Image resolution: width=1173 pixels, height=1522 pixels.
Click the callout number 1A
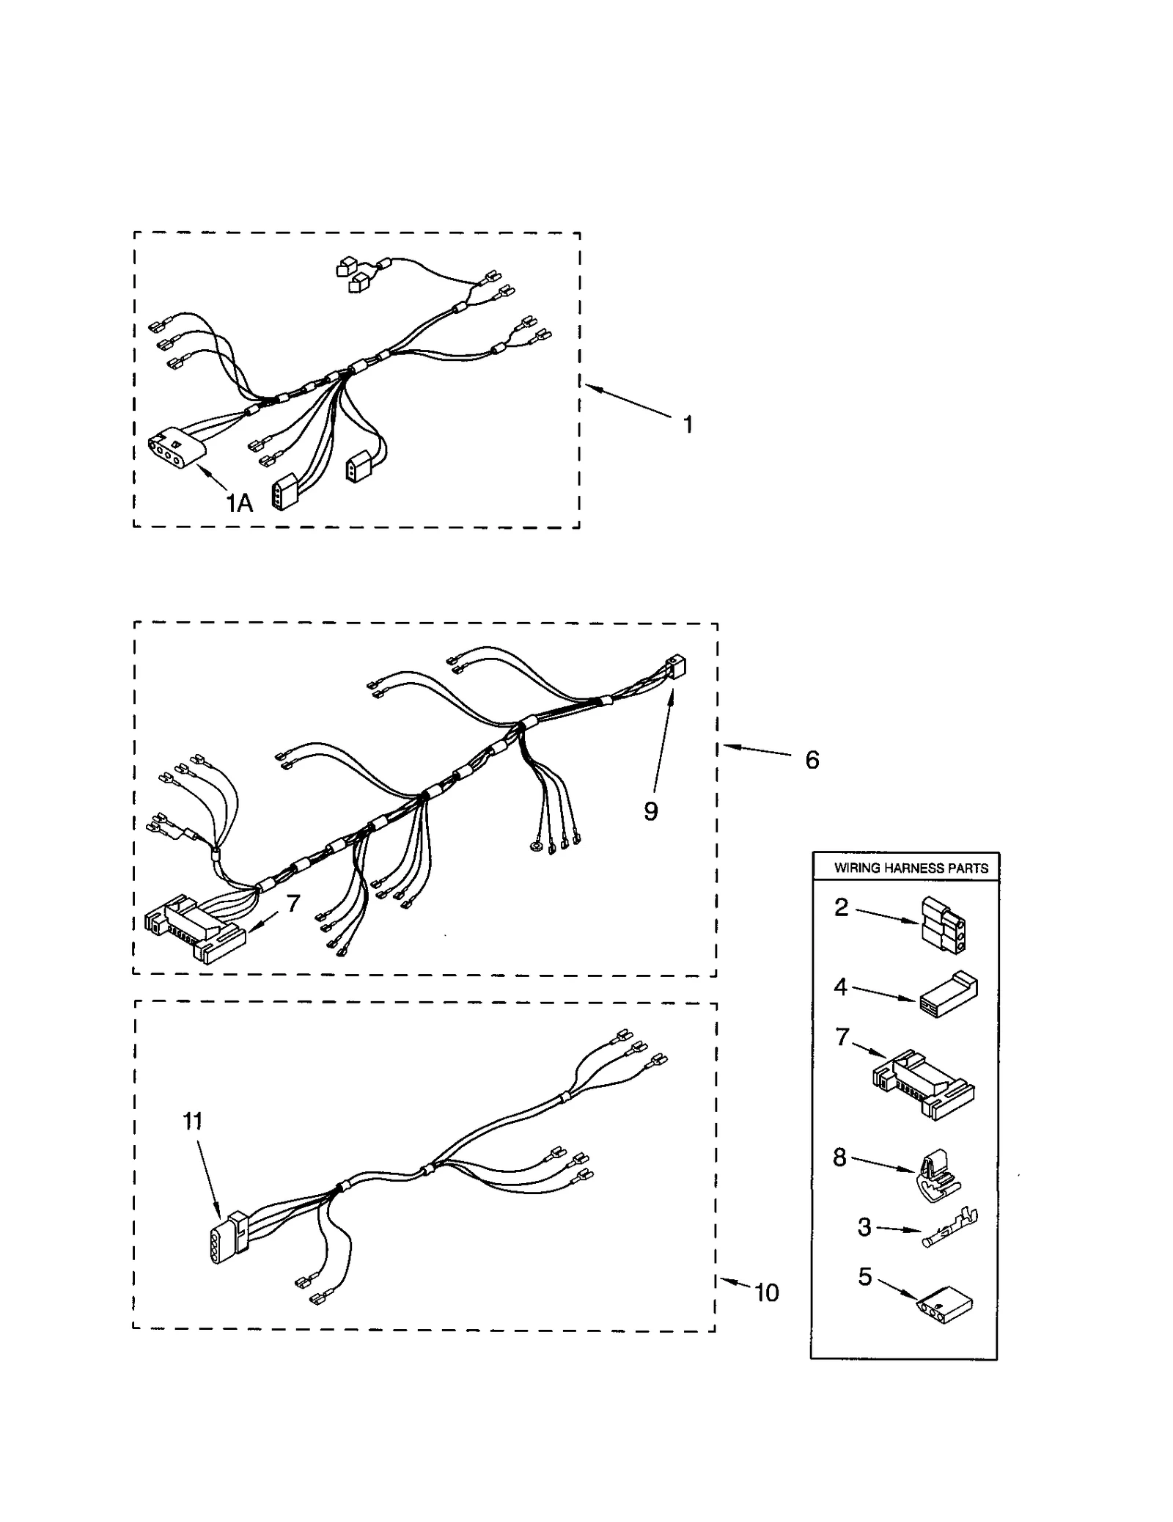pos(239,503)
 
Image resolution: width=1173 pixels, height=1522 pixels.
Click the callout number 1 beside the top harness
pos(688,424)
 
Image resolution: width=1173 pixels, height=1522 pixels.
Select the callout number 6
pos(812,760)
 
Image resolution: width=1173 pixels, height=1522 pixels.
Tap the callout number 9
pos(650,811)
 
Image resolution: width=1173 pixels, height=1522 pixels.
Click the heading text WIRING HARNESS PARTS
pos(911,868)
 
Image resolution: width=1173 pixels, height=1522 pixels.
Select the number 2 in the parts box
pos(841,907)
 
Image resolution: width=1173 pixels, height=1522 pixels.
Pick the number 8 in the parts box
pos(839,1157)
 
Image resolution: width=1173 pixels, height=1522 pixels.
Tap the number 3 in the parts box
pos(864,1226)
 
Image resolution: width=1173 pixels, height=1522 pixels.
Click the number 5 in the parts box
pos(865,1276)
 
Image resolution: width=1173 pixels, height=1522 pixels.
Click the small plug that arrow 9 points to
pos(674,667)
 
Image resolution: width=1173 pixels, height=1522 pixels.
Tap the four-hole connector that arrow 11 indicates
pos(225,1238)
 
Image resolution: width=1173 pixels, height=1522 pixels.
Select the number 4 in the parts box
pos(840,987)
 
